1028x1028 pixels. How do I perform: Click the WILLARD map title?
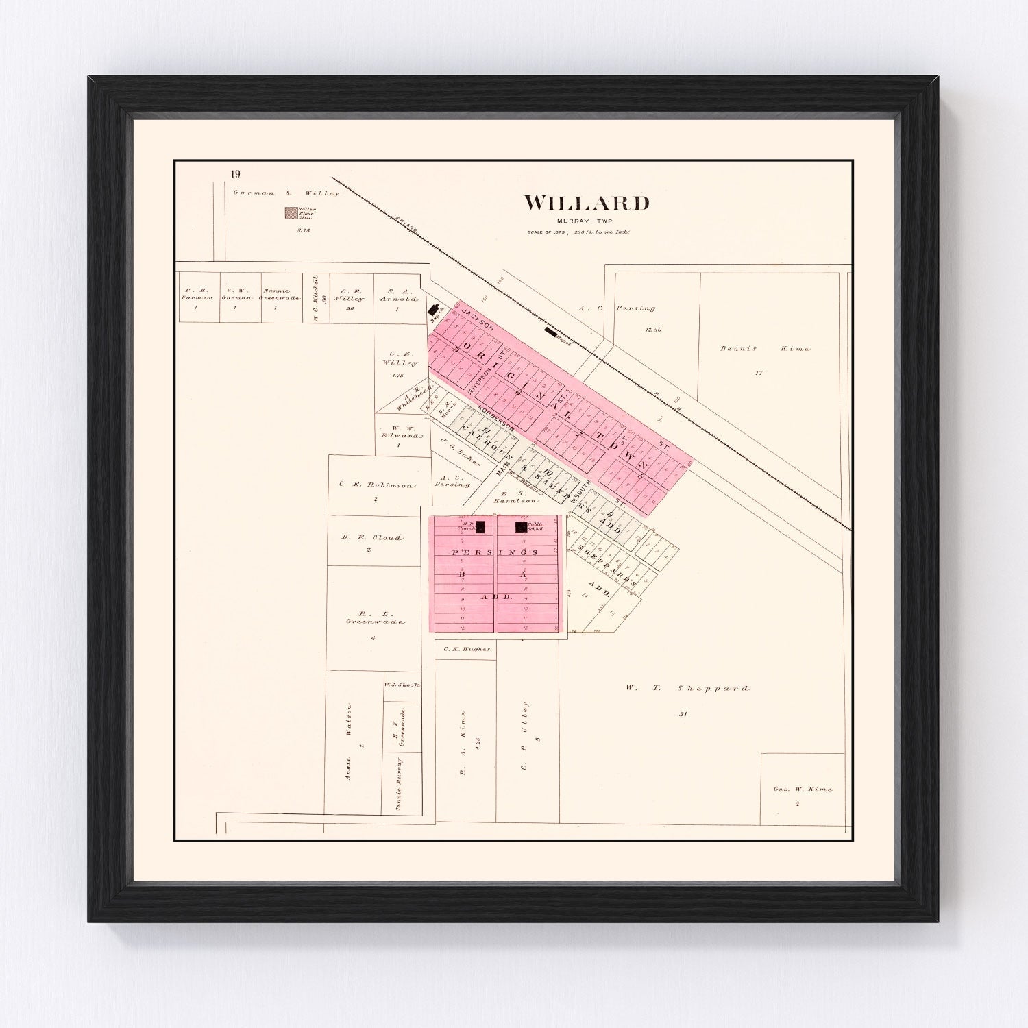(x=587, y=203)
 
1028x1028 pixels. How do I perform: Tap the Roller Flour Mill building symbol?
(x=291, y=214)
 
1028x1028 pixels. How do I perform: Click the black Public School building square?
(x=521, y=526)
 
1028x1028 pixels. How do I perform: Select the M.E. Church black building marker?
(x=480, y=527)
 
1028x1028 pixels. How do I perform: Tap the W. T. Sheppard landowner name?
(x=687, y=688)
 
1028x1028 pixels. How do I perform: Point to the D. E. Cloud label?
(x=372, y=538)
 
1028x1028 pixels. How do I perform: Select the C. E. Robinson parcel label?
(x=376, y=485)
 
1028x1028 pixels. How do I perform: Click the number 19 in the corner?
(x=236, y=174)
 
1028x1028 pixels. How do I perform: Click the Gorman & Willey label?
(x=286, y=193)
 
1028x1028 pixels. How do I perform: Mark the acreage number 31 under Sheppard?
(x=683, y=714)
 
